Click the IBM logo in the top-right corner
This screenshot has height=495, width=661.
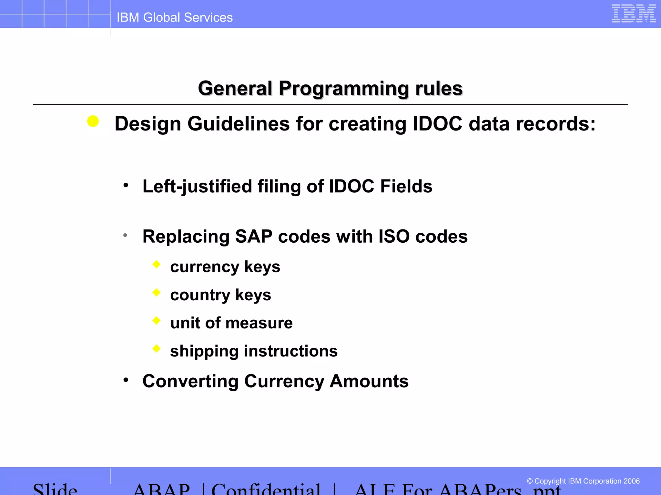(x=634, y=14)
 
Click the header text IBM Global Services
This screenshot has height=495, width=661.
(x=174, y=17)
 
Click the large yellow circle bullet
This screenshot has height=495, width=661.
(x=93, y=121)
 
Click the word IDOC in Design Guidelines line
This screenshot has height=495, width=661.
(x=437, y=124)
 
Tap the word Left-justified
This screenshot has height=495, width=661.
(x=197, y=187)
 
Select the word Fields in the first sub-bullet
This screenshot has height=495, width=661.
(x=406, y=187)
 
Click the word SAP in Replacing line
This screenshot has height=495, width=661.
(x=254, y=237)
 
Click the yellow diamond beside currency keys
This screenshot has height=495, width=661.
(x=157, y=264)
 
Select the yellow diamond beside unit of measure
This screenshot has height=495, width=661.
(x=157, y=320)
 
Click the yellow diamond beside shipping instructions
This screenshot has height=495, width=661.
(x=157, y=348)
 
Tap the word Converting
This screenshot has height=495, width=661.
(x=190, y=382)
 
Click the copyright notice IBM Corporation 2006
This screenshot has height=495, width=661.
(x=583, y=481)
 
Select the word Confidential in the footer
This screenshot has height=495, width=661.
(x=266, y=489)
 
